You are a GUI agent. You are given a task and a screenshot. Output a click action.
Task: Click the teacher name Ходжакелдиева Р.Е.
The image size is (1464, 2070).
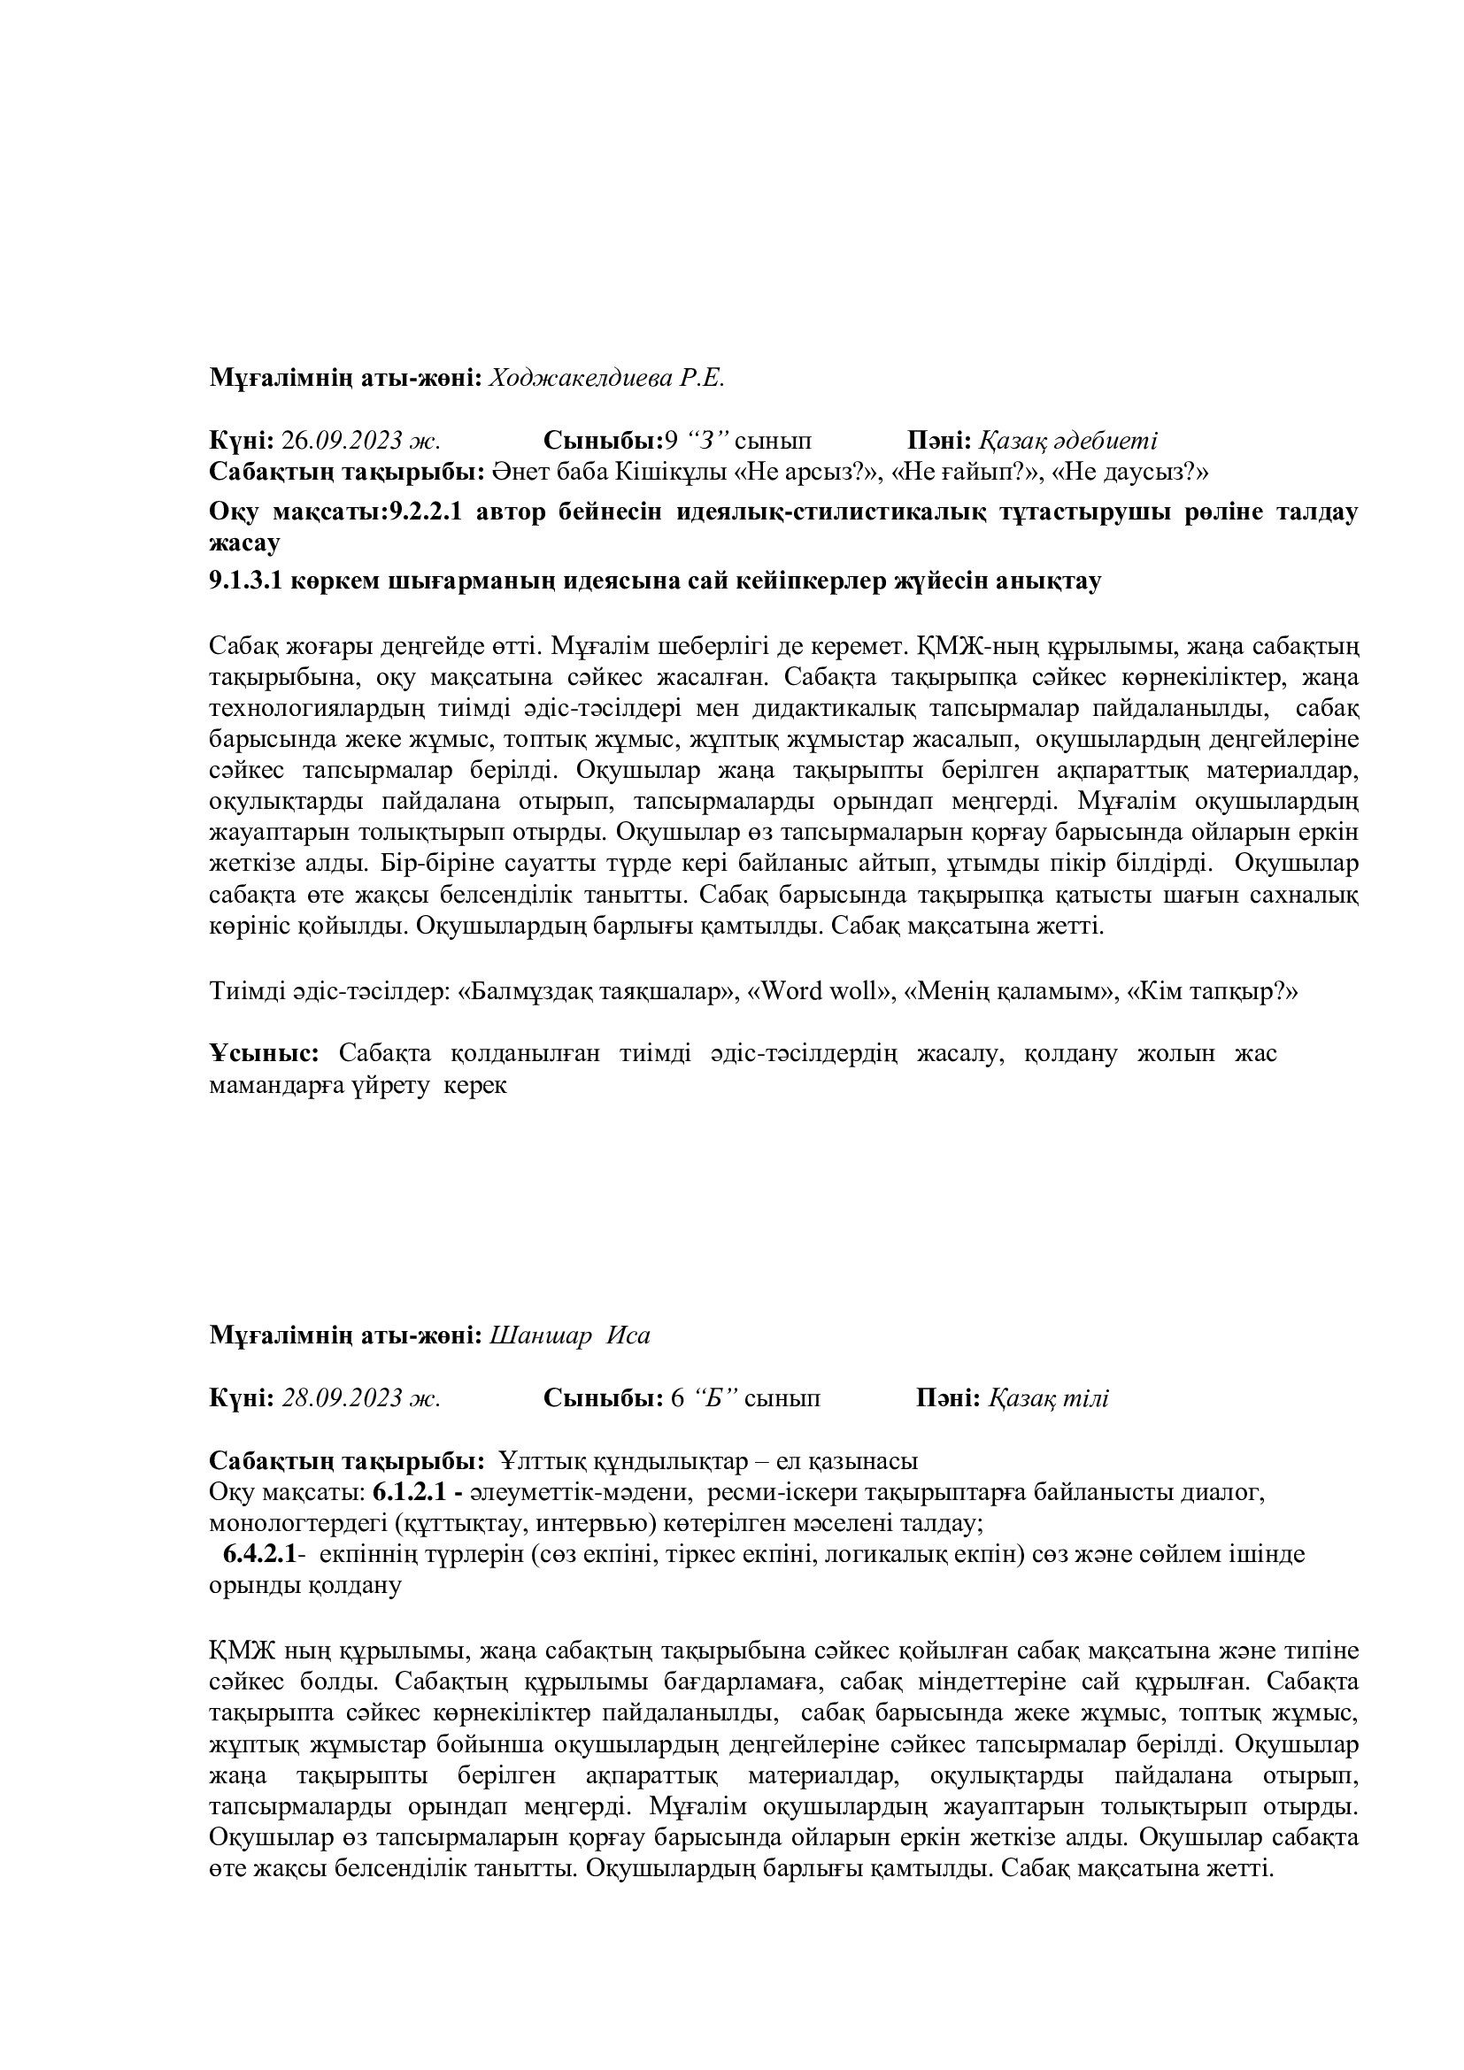click(606, 378)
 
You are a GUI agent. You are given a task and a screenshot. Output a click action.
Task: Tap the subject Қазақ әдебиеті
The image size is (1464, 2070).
click(1068, 441)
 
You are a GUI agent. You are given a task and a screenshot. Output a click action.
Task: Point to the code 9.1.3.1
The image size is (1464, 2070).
click(246, 581)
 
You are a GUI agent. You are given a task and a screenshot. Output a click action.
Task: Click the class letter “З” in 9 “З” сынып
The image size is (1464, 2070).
click(708, 441)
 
